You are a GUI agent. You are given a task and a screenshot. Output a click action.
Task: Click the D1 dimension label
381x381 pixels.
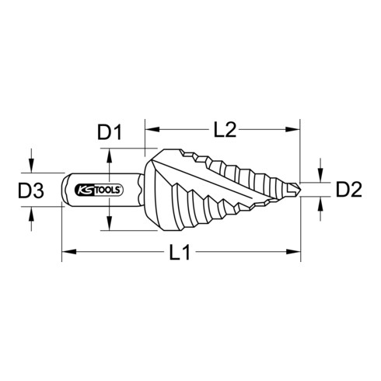point(110,132)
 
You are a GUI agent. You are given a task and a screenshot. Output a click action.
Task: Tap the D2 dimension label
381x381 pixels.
point(349,189)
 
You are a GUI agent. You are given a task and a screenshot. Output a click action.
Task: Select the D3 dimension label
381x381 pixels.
point(31,190)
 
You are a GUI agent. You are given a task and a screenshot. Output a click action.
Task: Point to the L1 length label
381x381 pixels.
point(180,252)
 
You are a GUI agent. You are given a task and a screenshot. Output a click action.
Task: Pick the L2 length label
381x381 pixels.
point(225,129)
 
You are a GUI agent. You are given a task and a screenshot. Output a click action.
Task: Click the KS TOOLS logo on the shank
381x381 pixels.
point(99,190)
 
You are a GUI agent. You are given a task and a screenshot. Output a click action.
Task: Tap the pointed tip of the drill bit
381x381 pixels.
point(300,190)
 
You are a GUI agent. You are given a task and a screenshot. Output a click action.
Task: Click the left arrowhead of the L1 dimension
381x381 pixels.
point(69,251)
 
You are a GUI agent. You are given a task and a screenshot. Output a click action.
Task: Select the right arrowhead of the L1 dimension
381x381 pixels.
point(293,251)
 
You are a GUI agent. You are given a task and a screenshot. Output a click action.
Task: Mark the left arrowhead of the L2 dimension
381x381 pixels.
point(152,129)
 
